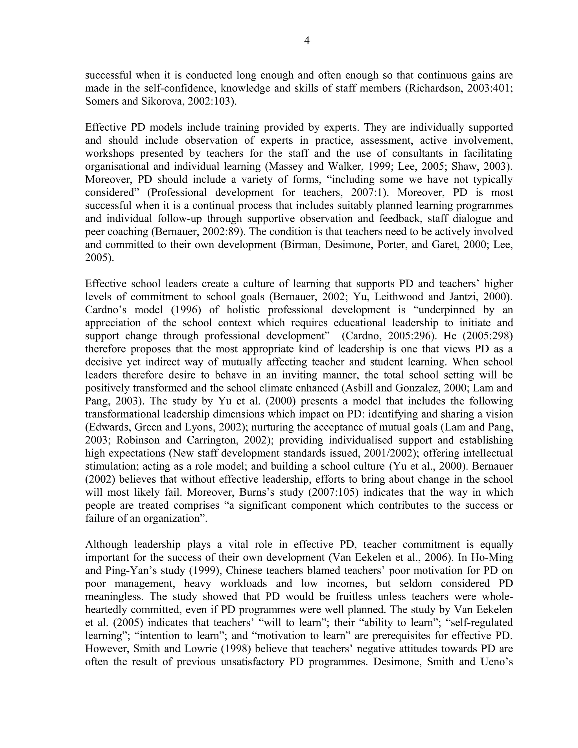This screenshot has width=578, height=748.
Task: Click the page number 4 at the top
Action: point(307,41)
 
